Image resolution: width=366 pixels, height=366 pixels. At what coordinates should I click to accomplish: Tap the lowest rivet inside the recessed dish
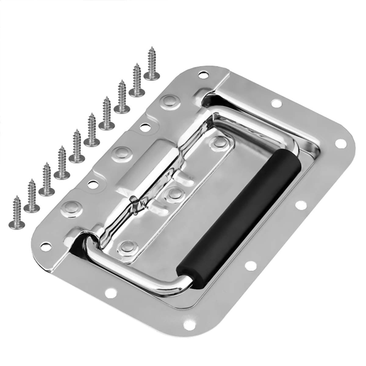tap(127, 246)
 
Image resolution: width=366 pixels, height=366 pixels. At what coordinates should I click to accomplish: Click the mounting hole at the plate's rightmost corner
tap(338, 143)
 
